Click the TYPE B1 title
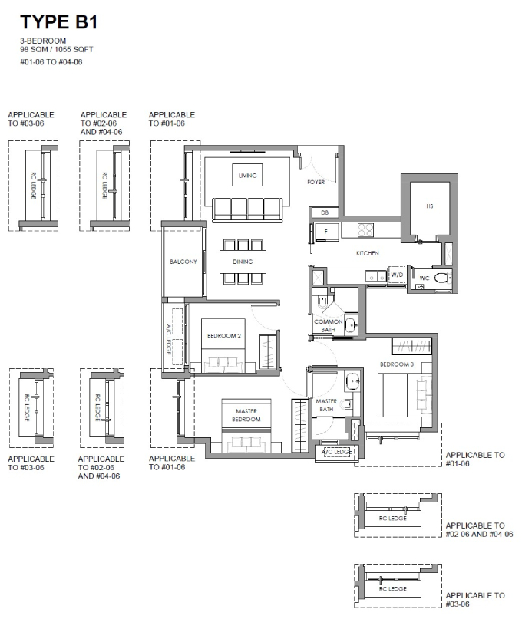point(59,21)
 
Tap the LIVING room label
point(247,176)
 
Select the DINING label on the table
point(243,262)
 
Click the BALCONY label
point(183,262)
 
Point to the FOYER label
point(316,182)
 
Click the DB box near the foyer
point(325,212)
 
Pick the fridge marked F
point(326,232)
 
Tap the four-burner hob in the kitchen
point(366,230)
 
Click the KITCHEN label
point(368,253)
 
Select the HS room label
point(430,206)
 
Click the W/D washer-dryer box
point(397,275)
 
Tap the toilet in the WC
point(443,277)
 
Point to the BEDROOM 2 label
point(224,336)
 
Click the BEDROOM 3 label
point(397,364)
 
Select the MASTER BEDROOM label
point(246,415)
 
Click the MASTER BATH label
point(326,405)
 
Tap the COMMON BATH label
point(328,325)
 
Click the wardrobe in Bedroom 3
point(412,346)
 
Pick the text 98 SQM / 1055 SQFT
point(57,49)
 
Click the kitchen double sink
point(376,275)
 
